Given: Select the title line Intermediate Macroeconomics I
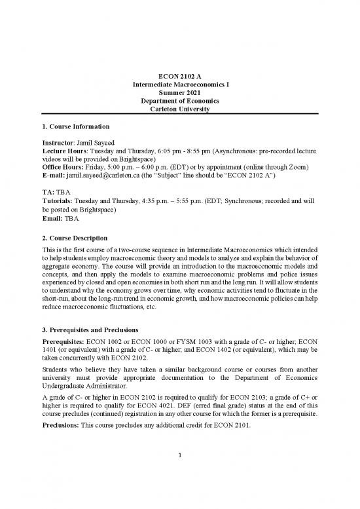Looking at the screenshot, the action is tap(180, 85).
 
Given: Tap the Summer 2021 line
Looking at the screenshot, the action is tap(180, 93).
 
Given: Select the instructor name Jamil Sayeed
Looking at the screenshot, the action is tap(105, 142).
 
